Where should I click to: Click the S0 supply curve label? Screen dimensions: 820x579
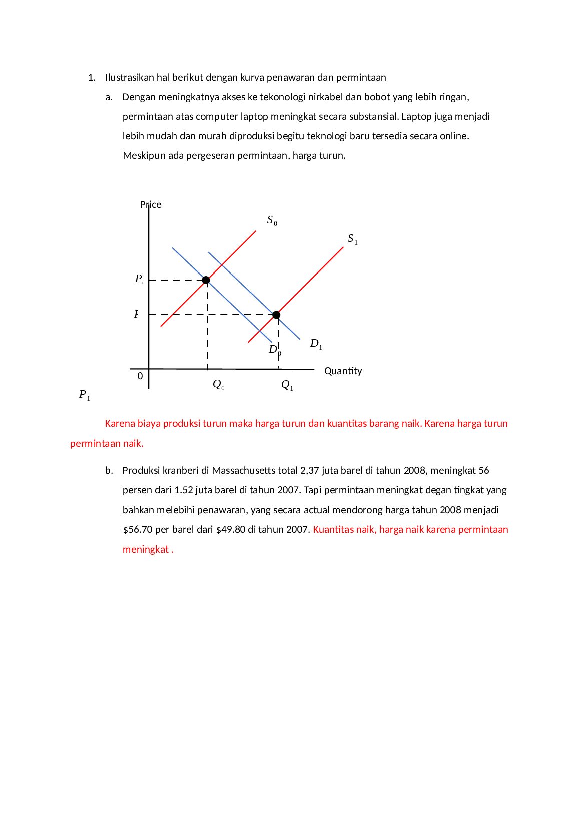(272, 220)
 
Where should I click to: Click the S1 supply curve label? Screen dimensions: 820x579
(352, 239)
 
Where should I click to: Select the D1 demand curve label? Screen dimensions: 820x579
(316, 344)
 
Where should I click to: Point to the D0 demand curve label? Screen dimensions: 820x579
(274, 350)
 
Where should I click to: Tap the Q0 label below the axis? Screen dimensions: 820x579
(218, 385)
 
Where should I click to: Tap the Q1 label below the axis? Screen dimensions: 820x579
(287, 385)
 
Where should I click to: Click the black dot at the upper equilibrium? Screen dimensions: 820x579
(206, 280)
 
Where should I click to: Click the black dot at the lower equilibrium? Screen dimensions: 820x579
(276, 315)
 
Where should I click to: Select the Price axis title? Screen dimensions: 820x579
(151, 205)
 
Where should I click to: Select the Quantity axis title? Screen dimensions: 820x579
(343, 371)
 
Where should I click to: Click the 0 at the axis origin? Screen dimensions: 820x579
(140, 376)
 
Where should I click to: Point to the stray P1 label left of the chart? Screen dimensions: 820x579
(84, 395)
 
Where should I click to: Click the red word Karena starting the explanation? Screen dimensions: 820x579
(120, 424)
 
